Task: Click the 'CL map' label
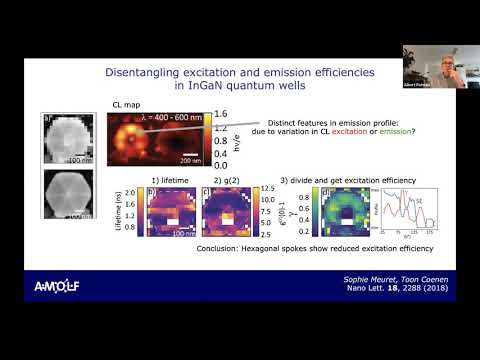[118, 103]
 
